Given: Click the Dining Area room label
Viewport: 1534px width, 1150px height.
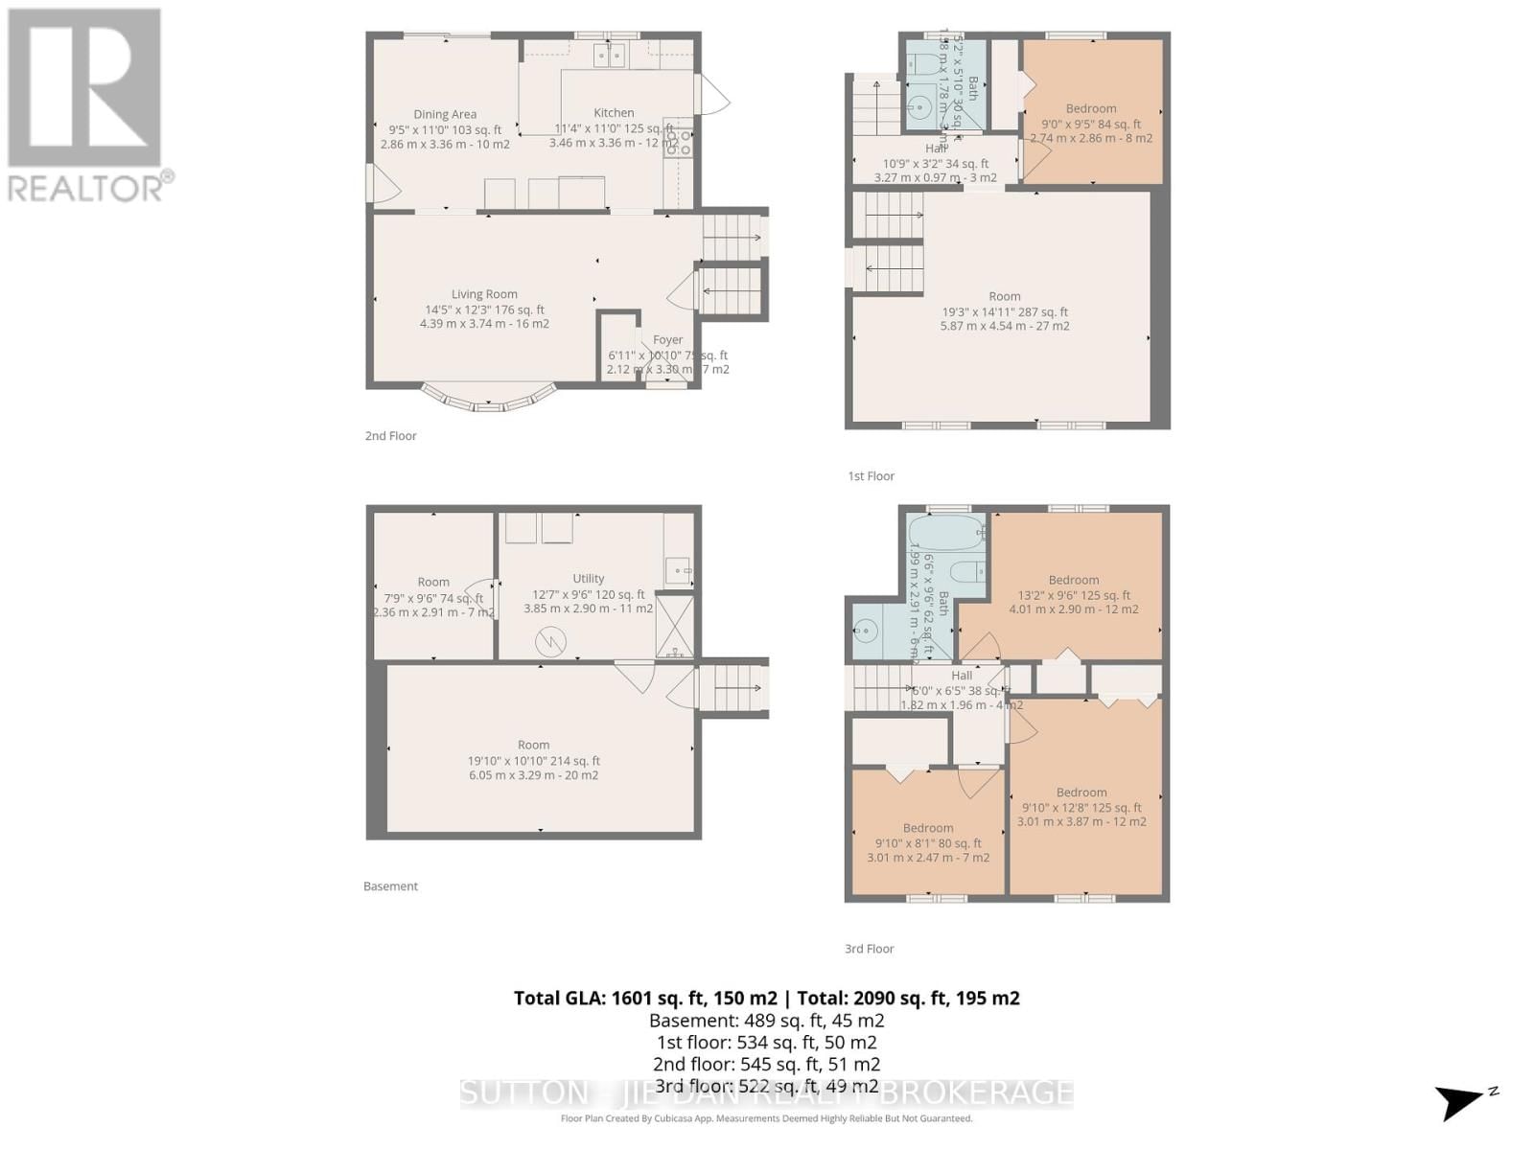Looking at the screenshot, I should (x=445, y=115).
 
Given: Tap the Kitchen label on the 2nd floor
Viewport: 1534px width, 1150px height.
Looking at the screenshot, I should (x=614, y=113).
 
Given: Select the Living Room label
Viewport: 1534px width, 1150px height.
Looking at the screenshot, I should (x=484, y=295).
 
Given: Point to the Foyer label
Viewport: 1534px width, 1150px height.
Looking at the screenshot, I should (x=667, y=340).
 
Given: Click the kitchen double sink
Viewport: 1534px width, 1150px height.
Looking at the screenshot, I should (x=609, y=56).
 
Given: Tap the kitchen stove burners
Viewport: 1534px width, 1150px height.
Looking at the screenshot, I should (x=679, y=143).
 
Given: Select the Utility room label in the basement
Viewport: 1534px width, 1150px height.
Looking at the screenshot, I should (x=588, y=579).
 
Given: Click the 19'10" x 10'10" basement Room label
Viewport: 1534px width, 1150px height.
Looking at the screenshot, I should (x=533, y=746).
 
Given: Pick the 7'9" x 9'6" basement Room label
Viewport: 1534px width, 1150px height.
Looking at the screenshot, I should (x=433, y=583).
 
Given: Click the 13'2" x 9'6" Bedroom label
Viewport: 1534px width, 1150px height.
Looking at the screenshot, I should (x=1073, y=581).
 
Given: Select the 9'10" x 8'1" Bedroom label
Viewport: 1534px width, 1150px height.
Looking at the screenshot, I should (x=927, y=829).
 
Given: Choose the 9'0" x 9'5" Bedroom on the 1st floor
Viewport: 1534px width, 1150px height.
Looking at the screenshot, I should (x=1090, y=109).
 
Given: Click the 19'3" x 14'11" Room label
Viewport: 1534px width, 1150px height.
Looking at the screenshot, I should (x=1005, y=297).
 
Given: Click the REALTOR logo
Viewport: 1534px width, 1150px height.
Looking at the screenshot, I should (x=86, y=105).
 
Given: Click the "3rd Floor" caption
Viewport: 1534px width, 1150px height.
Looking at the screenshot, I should (x=869, y=949).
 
